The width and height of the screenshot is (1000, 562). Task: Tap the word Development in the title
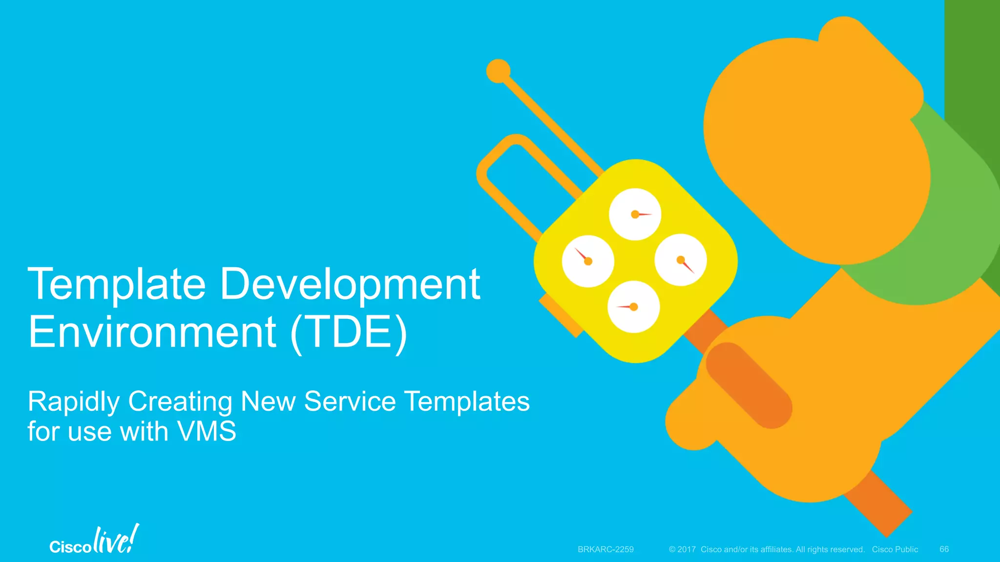click(350, 284)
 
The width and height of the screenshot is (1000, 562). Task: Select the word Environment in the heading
click(152, 332)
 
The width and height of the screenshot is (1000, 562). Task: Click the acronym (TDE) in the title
click(349, 332)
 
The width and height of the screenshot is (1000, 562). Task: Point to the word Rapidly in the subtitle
click(74, 402)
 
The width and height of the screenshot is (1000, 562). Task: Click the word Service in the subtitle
click(350, 401)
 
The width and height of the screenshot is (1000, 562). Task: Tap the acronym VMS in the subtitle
click(207, 431)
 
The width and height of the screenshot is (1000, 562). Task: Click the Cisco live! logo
click(94, 541)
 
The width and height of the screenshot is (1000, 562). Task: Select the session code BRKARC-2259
click(605, 549)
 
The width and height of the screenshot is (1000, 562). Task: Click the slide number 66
click(944, 549)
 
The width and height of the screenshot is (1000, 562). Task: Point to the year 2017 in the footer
click(686, 549)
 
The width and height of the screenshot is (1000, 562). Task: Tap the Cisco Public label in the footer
click(895, 549)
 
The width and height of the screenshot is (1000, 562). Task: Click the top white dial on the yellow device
click(635, 214)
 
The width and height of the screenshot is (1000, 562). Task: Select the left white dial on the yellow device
click(588, 261)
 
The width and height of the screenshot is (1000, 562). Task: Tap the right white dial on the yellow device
click(681, 260)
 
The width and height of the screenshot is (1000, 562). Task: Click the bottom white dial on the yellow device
click(633, 307)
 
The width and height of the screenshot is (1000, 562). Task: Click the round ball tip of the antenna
click(498, 71)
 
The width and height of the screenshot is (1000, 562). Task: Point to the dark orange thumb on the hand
click(749, 385)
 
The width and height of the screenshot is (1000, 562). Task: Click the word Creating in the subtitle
click(180, 402)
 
